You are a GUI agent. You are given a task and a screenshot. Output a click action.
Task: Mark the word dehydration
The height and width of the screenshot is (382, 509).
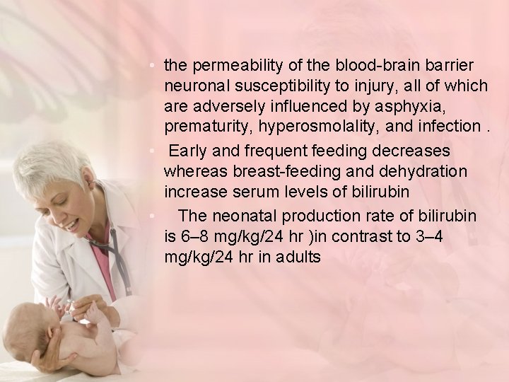pyautogui.click(x=421, y=172)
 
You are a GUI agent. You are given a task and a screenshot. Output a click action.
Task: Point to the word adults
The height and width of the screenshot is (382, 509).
pyautogui.click(x=296, y=257)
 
